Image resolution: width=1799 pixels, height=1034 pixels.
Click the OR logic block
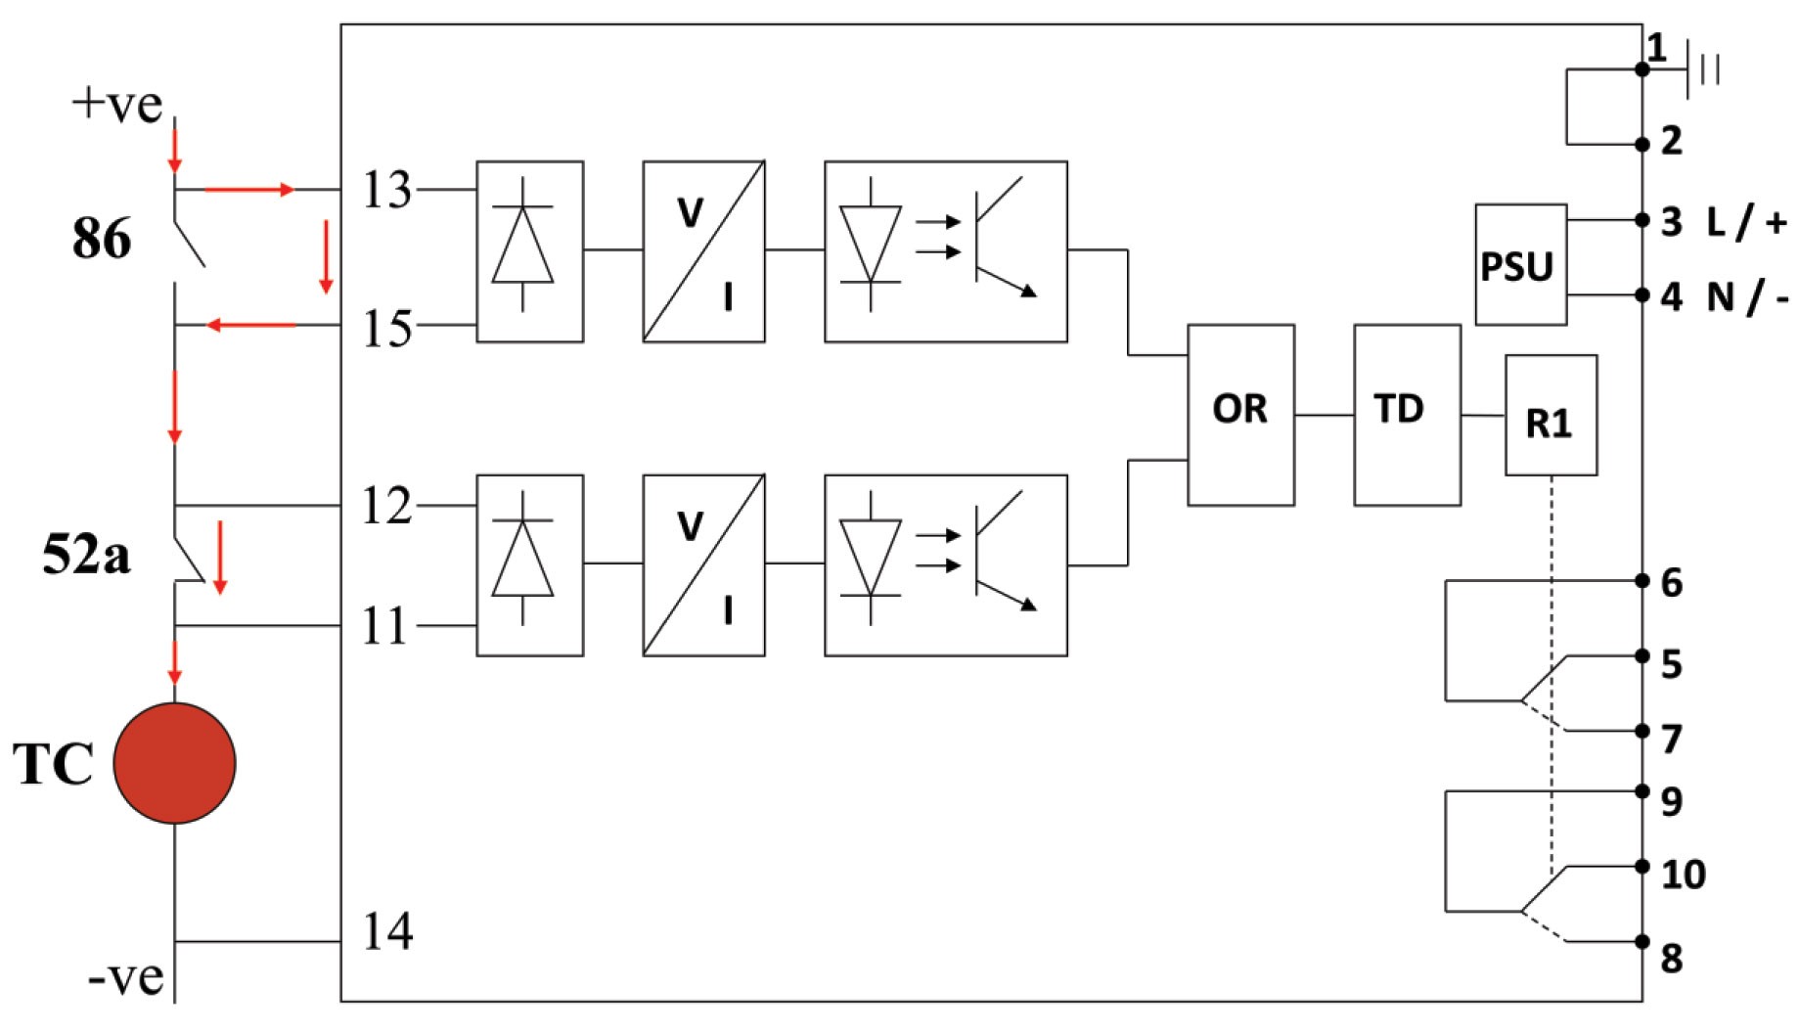(x=1240, y=415)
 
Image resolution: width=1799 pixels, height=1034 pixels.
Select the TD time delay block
(x=1407, y=415)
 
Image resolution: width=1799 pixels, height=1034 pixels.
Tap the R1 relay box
(x=1551, y=415)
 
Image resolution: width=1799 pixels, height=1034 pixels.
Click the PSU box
(x=1520, y=264)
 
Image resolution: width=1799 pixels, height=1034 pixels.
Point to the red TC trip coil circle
(x=174, y=763)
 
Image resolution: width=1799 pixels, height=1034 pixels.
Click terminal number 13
(x=386, y=190)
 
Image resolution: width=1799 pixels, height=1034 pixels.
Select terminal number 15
(x=386, y=329)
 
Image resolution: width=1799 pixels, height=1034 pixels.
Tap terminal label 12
(x=386, y=506)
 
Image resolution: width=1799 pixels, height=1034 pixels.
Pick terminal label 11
(x=384, y=626)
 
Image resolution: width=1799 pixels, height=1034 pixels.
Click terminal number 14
(x=387, y=931)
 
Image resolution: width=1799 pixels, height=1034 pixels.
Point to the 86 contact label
(x=101, y=238)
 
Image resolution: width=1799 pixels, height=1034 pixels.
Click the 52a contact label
(x=86, y=555)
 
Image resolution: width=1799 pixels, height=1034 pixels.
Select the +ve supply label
(x=117, y=104)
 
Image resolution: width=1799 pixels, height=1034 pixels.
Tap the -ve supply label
(x=126, y=976)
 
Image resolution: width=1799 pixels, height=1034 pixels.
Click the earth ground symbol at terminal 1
(x=1703, y=69)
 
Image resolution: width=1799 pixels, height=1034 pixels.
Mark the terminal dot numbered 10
(x=1642, y=866)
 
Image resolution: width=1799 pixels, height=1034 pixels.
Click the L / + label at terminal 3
(x=1747, y=222)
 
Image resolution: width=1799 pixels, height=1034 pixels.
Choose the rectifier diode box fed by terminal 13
(x=529, y=251)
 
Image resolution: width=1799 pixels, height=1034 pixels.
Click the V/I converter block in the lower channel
(x=703, y=564)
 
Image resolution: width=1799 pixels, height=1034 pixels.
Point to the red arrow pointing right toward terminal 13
(x=248, y=189)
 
